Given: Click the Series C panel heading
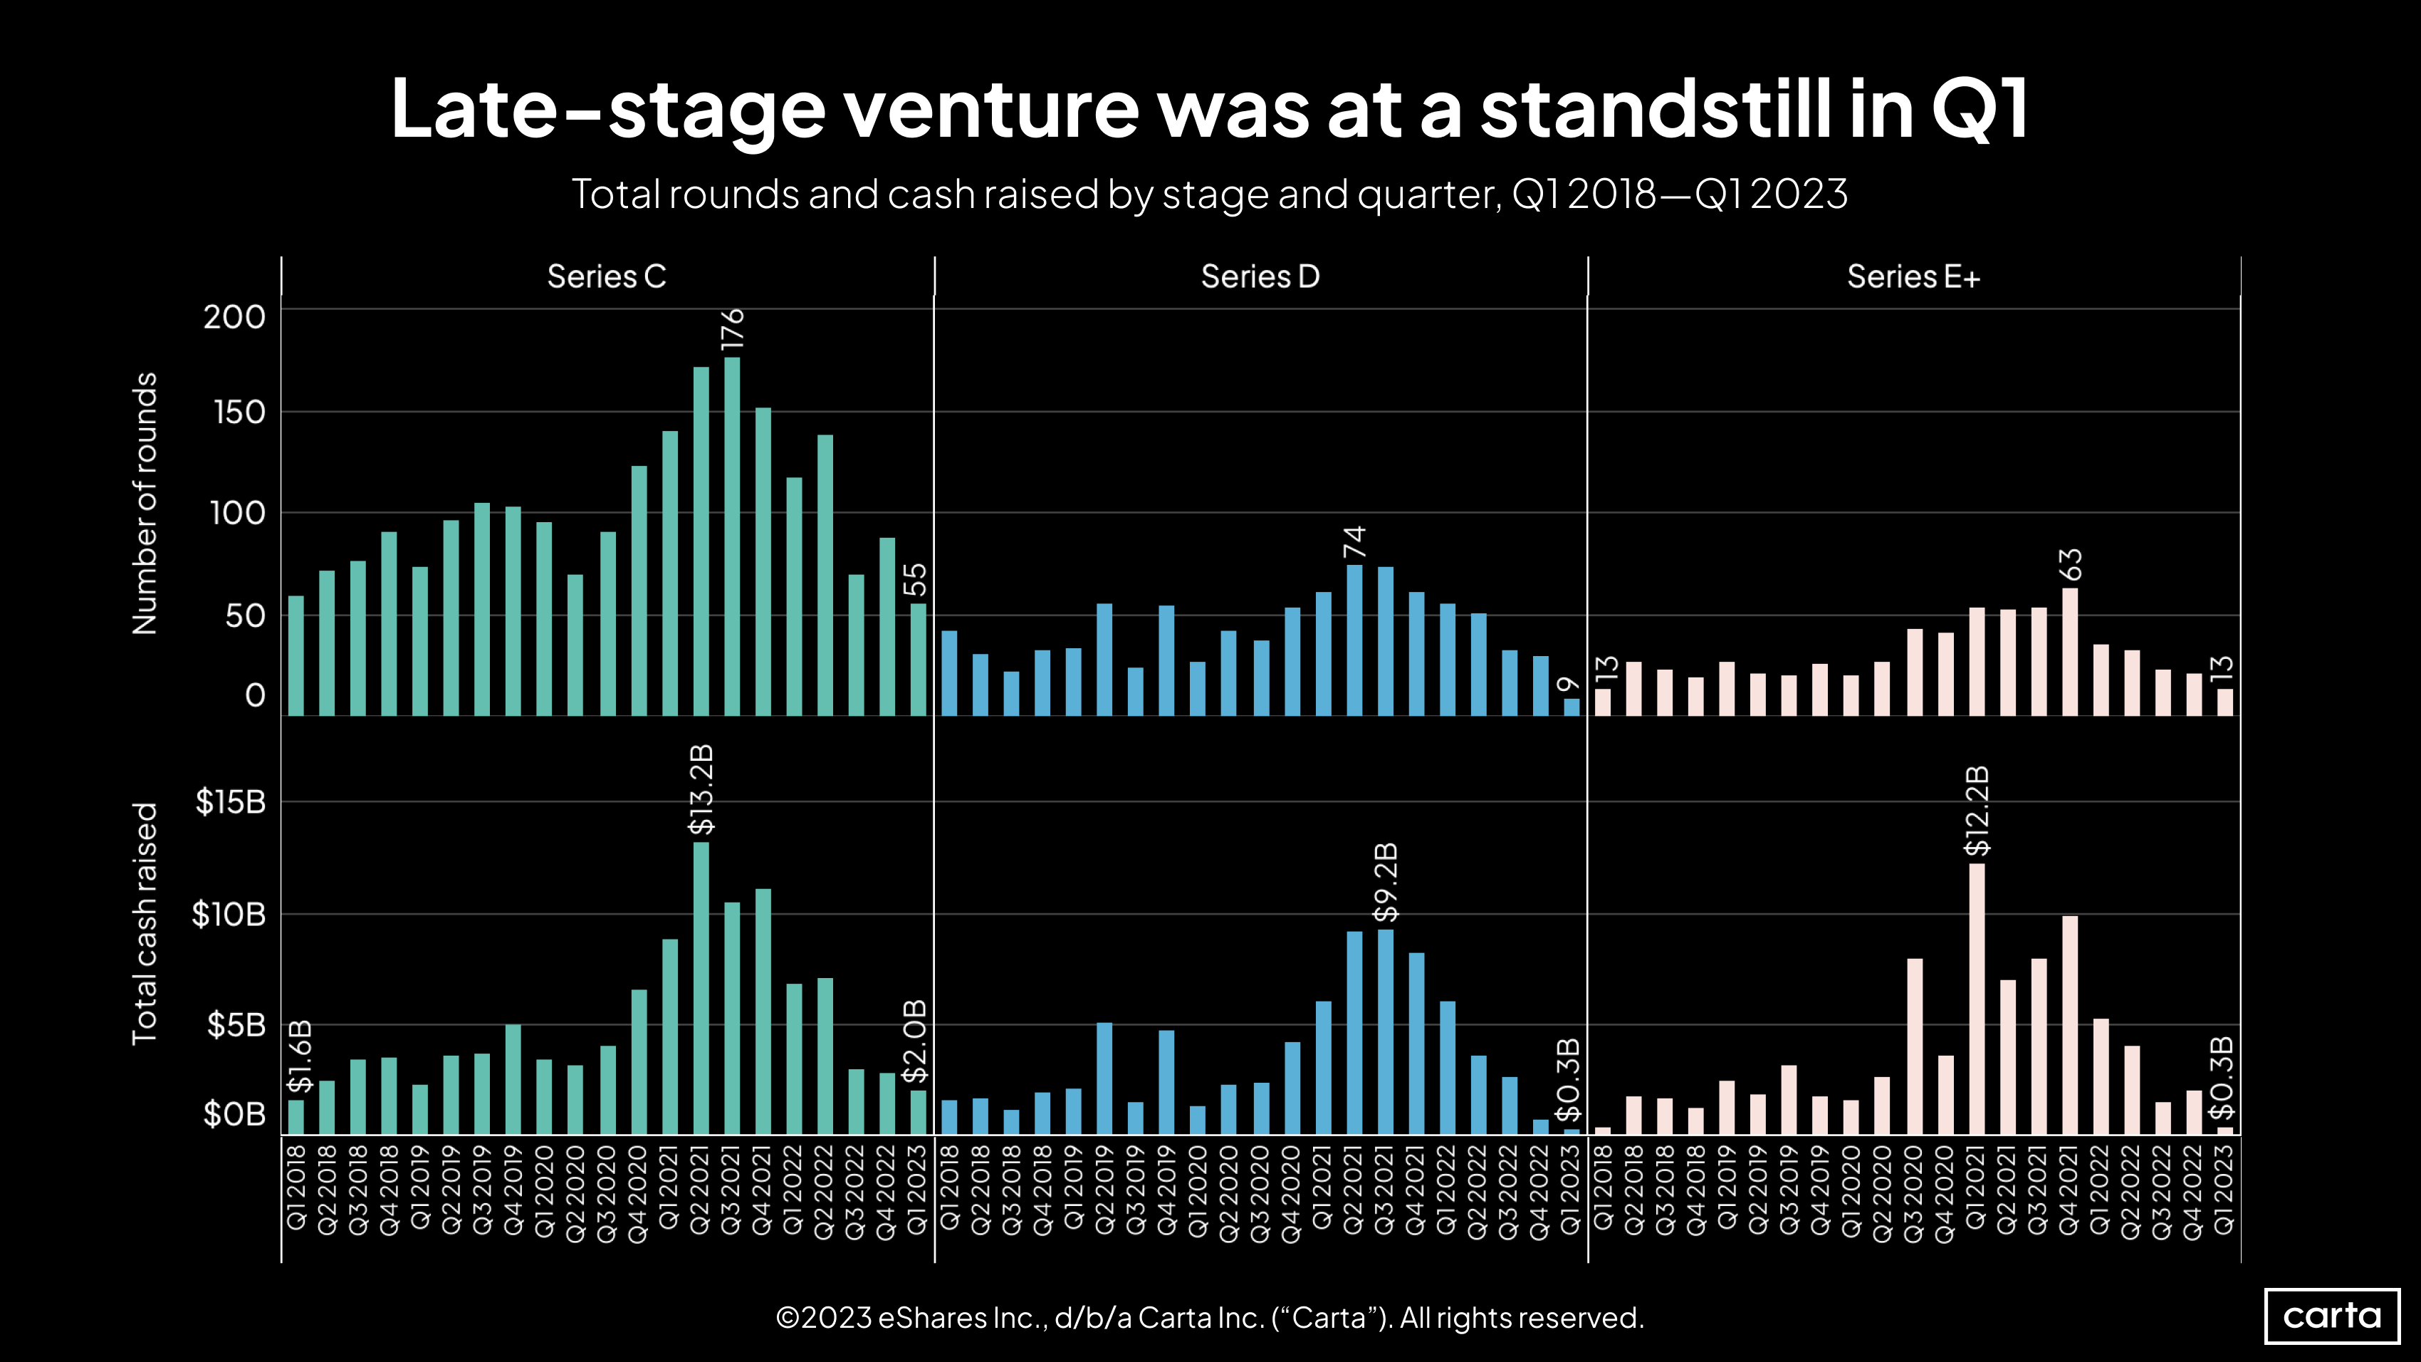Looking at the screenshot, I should [x=606, y=276].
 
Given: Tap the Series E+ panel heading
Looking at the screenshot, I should [x=1913, y=276].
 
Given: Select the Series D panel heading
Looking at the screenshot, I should [x=1260, y=276].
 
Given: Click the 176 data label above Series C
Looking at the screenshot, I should [x=732, y=330].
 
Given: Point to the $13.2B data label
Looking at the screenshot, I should [x=701, y=789].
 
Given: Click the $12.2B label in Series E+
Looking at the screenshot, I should [x=1977, y=811].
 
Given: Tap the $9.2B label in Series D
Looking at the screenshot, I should [x=1385, y=883].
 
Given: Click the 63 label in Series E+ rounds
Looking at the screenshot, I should [x=2071, y=565].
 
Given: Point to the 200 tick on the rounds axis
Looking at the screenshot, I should [x=234, y=317].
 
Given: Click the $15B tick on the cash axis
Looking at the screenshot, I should [x=230, y=802].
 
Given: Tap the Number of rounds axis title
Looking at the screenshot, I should [x=144, y=503].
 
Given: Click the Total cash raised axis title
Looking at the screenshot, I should [x=144, y=923].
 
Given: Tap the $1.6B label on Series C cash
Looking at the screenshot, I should [x=299, y=1056].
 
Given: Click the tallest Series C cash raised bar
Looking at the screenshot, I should [x=701, y=987].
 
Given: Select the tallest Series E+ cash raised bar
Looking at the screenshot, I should [x=1977, y=998].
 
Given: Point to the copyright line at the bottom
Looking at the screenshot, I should [x=1210, y=1318].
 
